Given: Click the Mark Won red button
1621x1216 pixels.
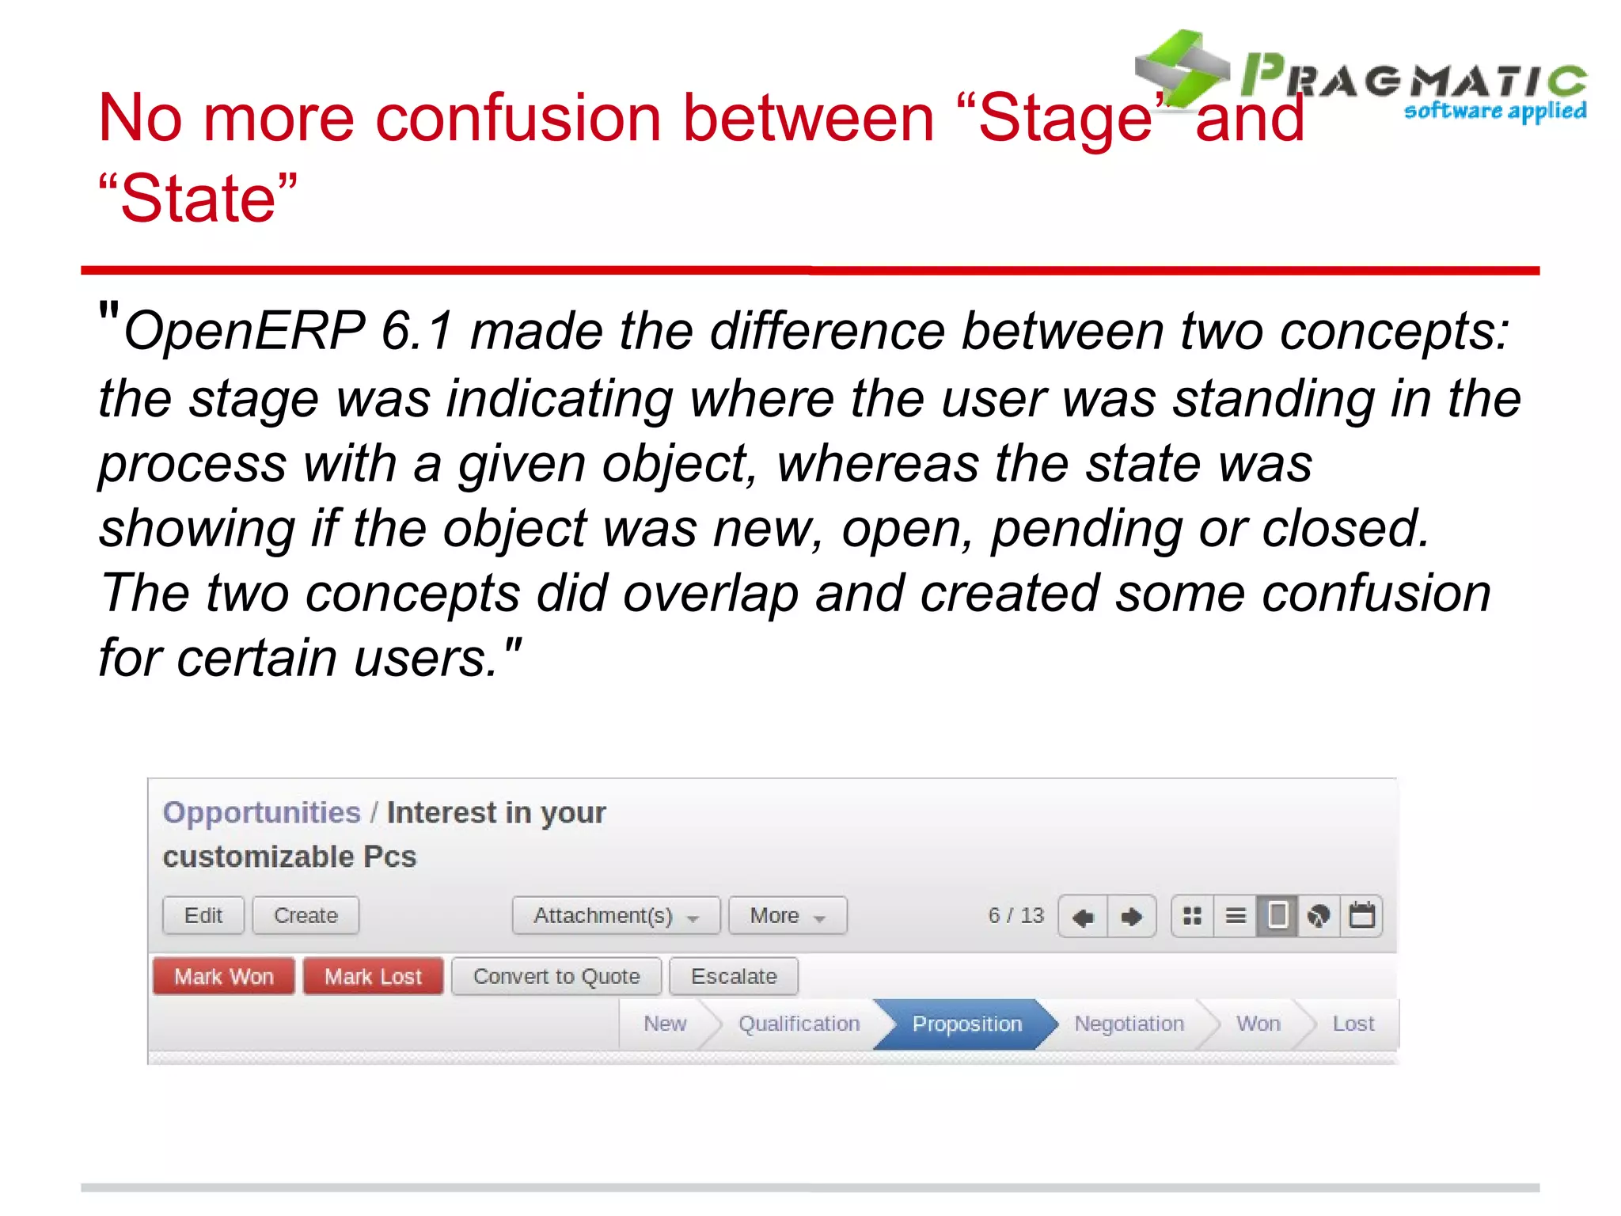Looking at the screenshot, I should pyautogui.click(x=223, y=976).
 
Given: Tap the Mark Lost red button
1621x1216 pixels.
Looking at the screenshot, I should pyautogui.click(x=373, y=976).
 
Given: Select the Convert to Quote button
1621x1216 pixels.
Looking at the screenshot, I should pyautogui.click(x=556, y=976).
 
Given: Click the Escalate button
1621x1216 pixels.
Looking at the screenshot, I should pyautogui.click(x=733, y=976).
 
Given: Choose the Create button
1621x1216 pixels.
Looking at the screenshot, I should pyautogui.click(x=306, y=915).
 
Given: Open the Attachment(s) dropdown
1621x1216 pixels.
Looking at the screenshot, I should pyautogui.click(x=615, y=915).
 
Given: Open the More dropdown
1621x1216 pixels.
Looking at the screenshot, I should pyautogui.click(x=787, y=915).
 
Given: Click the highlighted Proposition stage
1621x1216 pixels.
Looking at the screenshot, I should pyautogui.click(x=966, y=1024).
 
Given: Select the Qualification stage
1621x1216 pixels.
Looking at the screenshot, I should pyautogui.click(x=798, y=1024).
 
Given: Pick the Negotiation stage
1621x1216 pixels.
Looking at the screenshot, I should pyautogui.click(x=1128, y=1024).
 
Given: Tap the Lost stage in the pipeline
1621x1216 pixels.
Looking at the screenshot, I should pyautogui.click(x=1353, y=1024).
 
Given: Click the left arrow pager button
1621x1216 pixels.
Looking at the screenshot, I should pyautogui.click(x=1083, y=917).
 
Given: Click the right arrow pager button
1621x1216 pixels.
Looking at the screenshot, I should pyautogui.click(x=1132, y=917).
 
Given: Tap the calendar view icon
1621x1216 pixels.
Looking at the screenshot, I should pyautogui.click(x=1361, y=916).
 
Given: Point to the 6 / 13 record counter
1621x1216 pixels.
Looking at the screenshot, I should pyautogui.click(x=1015, y=915).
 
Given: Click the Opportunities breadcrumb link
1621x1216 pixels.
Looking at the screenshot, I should pyautogui.click(x=261, y=812).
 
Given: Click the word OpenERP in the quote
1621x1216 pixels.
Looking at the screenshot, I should pyautogui.click(x=244, y=331).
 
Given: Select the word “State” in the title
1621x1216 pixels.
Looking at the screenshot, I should pyautogui.click(x=198, y=198).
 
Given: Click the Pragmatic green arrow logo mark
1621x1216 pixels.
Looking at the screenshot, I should pyautogui.click(x=1182, y=69).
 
